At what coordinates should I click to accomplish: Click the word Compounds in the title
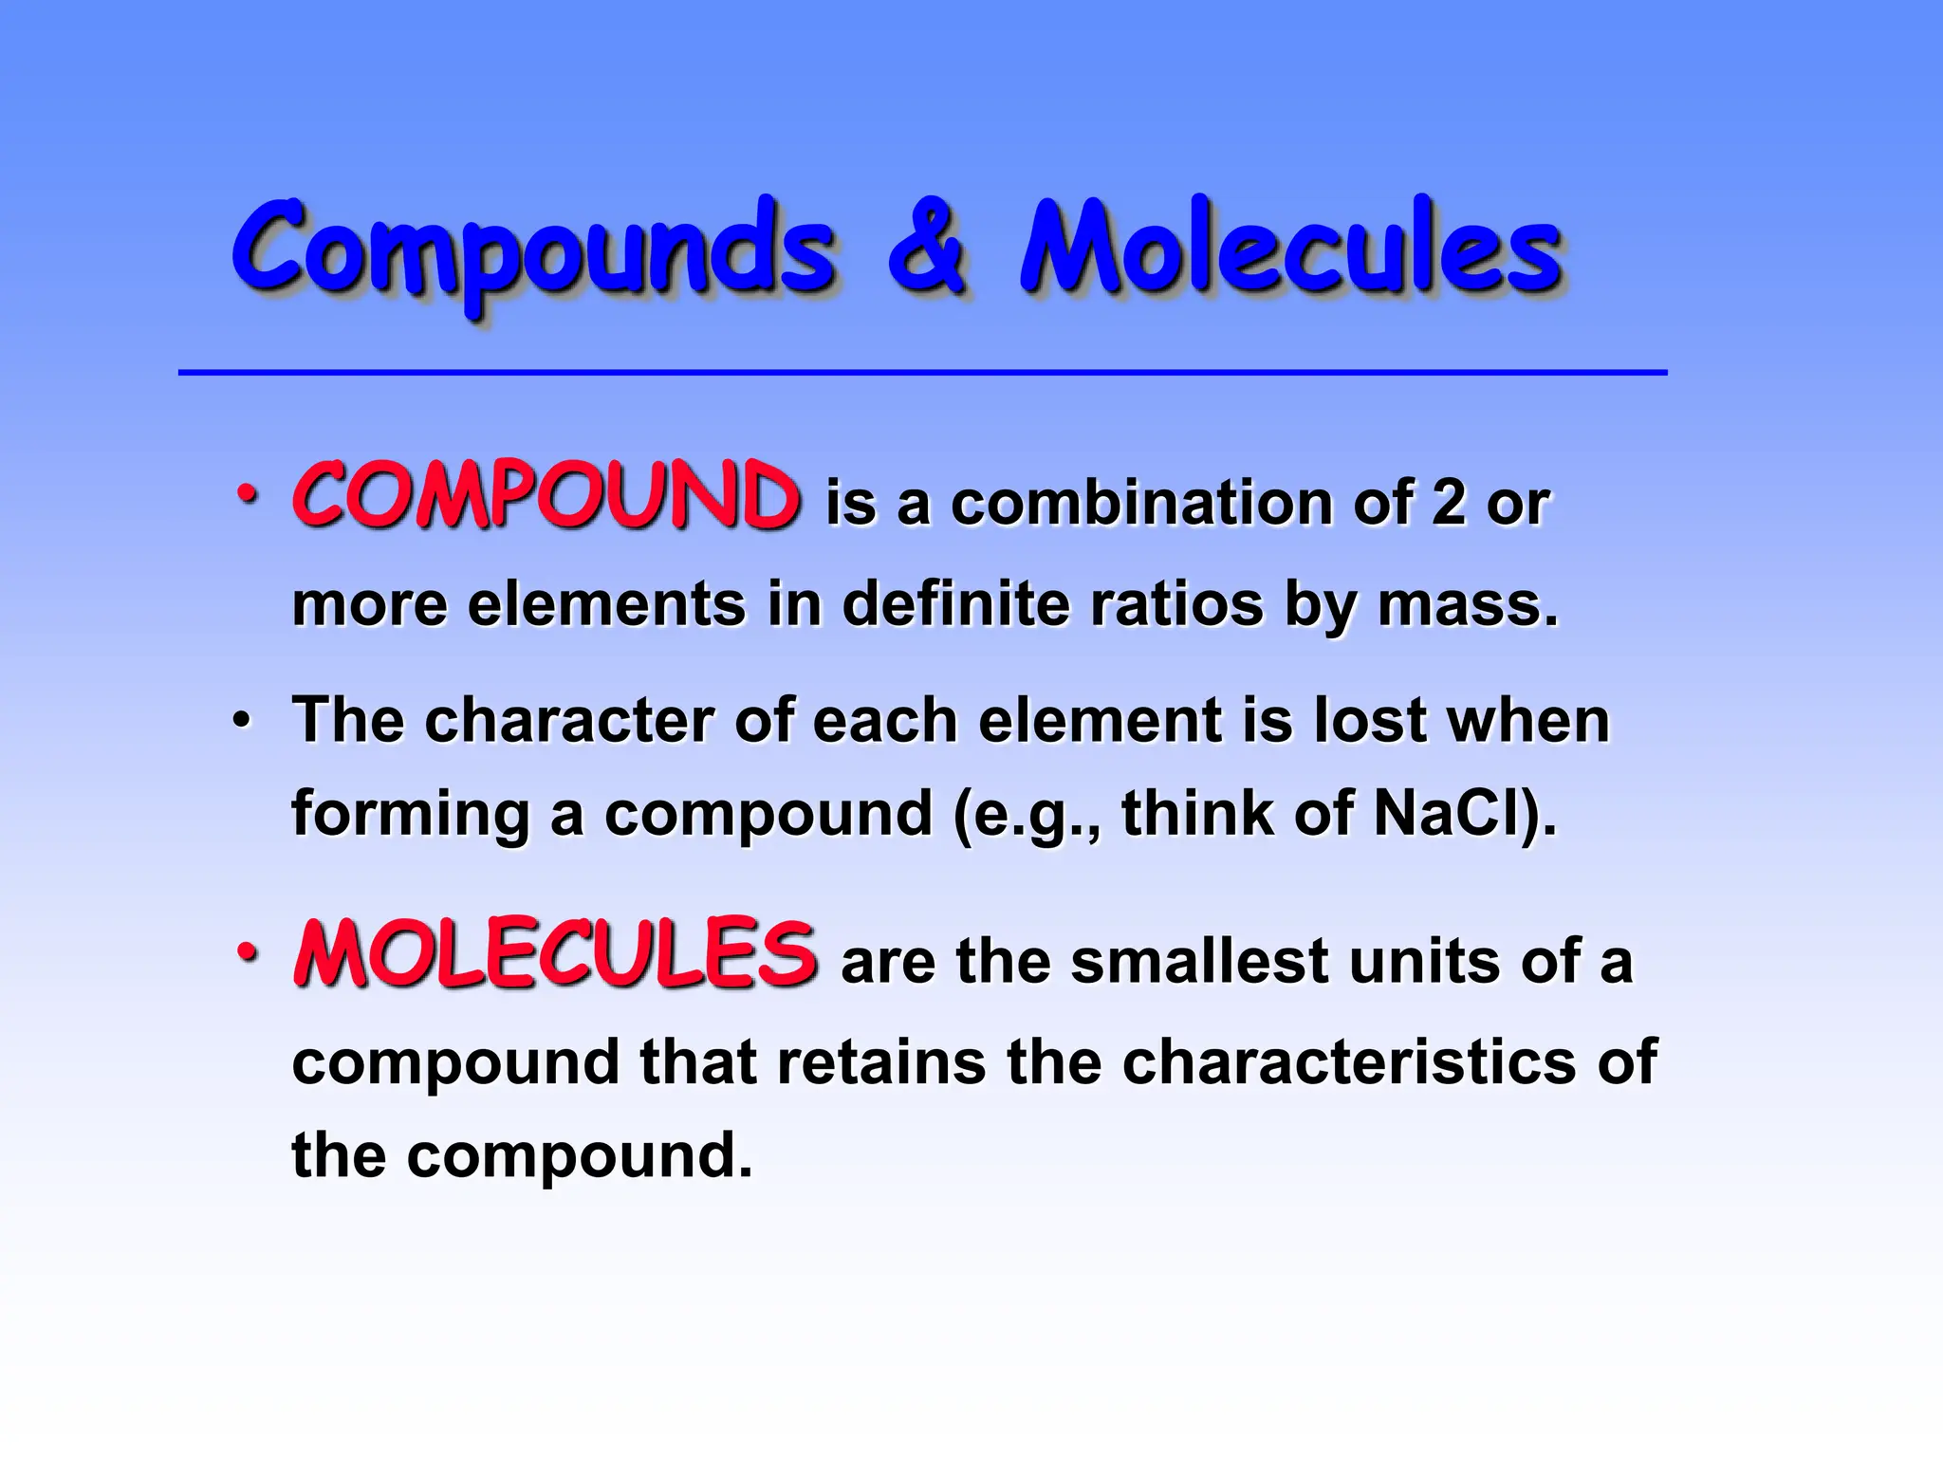533,249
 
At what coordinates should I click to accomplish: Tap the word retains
881,1061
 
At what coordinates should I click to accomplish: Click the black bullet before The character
243,721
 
